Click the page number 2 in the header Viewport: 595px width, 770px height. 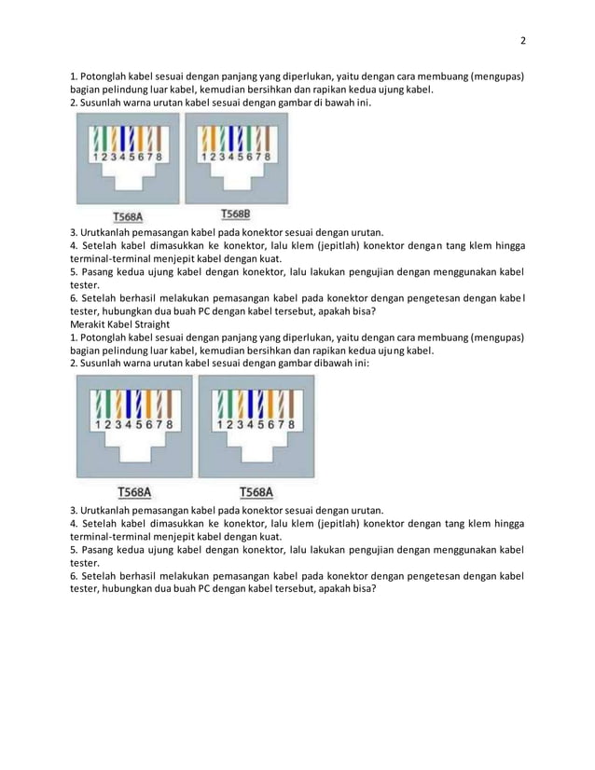[522, 40]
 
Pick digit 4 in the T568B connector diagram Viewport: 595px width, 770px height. [230, 158]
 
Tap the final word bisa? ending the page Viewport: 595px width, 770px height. [362, 588]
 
